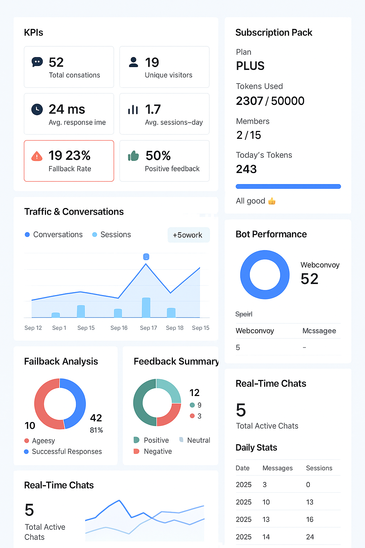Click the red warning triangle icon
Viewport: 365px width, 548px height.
pos(37,156)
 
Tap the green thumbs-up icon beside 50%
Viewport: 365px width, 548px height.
pos(133,156)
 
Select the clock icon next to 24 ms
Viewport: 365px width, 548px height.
pos(37,110)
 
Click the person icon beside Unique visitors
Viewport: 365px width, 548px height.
pos(133,62)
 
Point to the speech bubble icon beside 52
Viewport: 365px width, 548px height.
pos(37,62)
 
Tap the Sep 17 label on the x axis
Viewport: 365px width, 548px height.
pos(148,328)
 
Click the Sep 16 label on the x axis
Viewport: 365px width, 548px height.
pos(119,328)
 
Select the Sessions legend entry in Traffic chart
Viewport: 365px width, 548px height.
pos(112,235)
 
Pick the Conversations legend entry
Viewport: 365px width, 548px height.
pos(54,235)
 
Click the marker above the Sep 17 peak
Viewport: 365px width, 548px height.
pos(146,257)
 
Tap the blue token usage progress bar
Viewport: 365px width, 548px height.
pos(288,187)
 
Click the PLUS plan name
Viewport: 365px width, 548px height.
pos(250,66)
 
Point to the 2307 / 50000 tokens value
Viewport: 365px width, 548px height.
pos(270,101)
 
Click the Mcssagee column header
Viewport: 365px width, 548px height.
pos(319,331)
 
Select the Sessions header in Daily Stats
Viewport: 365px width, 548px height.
pos(319,468)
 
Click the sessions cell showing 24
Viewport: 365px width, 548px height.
pos(310,537)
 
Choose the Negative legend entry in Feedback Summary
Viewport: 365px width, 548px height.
pos(153,451)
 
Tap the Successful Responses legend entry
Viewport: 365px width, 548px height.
pos(63,451)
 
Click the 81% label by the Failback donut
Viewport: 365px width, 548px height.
pos(96,430)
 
